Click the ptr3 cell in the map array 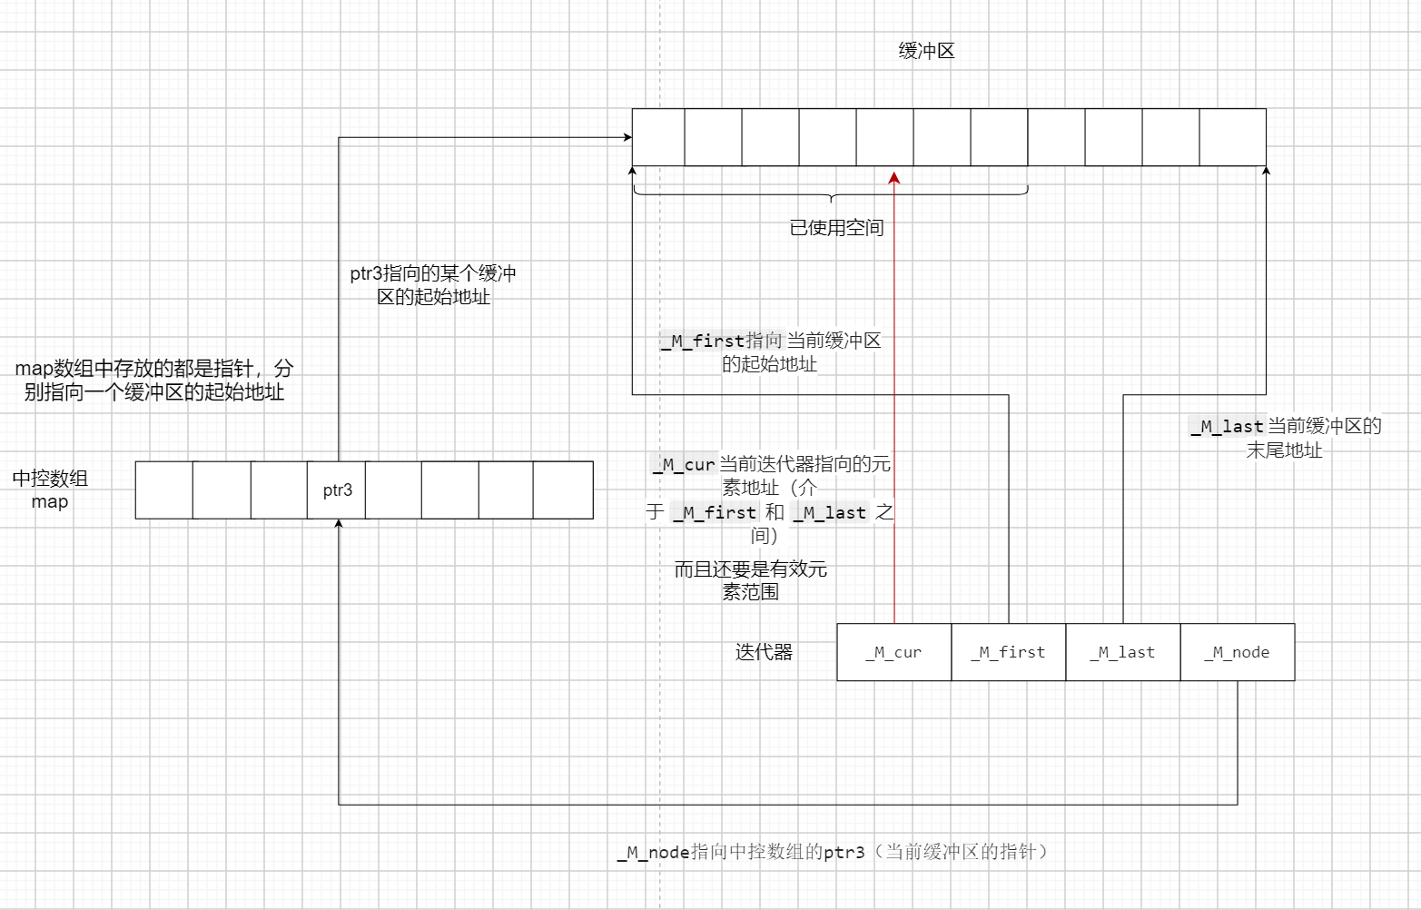[337, 490]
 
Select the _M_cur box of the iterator [893, 652]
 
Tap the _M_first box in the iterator [1008, 652]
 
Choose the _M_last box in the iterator [1122, 652]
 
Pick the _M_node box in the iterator [1237, 652]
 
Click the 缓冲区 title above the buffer [926, 51]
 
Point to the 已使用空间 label [836, 228]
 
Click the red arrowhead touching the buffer [894, 176]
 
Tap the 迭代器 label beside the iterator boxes [764, 652]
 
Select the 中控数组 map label [50, 490]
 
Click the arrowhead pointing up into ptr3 [338, 524]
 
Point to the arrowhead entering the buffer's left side [627, 138]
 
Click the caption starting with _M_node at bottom [833, 852]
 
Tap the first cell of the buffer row [658, 137]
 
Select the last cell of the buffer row [1232, 137]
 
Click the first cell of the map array [164, 490]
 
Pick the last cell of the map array [563, 490]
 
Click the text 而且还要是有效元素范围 [750, 580]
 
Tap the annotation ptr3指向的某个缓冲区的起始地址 [433, 285]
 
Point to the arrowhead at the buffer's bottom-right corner [1266, 171]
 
